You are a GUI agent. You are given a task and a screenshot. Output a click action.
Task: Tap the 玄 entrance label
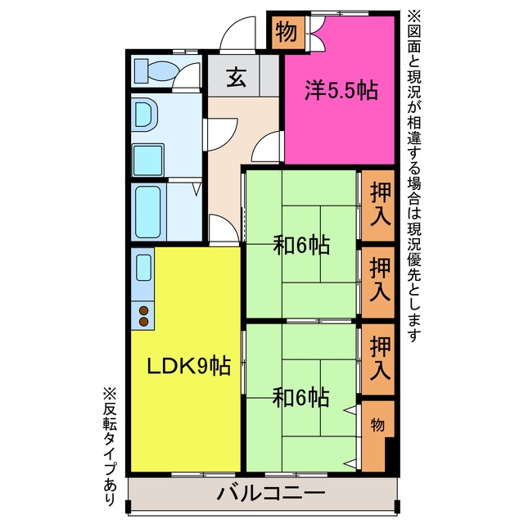237,77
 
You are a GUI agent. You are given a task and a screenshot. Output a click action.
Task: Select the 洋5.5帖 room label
341,90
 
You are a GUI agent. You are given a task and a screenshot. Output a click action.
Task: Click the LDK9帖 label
189,366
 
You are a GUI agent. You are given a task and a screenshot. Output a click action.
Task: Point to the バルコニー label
270,493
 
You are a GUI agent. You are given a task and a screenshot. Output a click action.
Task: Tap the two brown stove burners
143,316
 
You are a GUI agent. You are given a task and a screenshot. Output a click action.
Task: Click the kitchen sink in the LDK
144,268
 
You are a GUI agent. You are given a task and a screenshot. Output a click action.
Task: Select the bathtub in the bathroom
147,212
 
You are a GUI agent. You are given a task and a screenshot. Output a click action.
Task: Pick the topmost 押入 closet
378,206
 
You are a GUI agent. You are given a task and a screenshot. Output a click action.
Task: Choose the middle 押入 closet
378,282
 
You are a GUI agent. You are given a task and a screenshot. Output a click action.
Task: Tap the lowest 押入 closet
378,359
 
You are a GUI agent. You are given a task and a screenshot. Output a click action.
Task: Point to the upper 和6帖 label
301,245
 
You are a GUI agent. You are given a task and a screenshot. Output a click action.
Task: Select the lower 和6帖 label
300,397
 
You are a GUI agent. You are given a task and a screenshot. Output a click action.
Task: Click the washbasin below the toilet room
144,115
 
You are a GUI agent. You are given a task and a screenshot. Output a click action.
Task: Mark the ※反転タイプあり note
110,446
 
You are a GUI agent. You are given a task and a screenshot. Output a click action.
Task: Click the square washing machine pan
148,160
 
